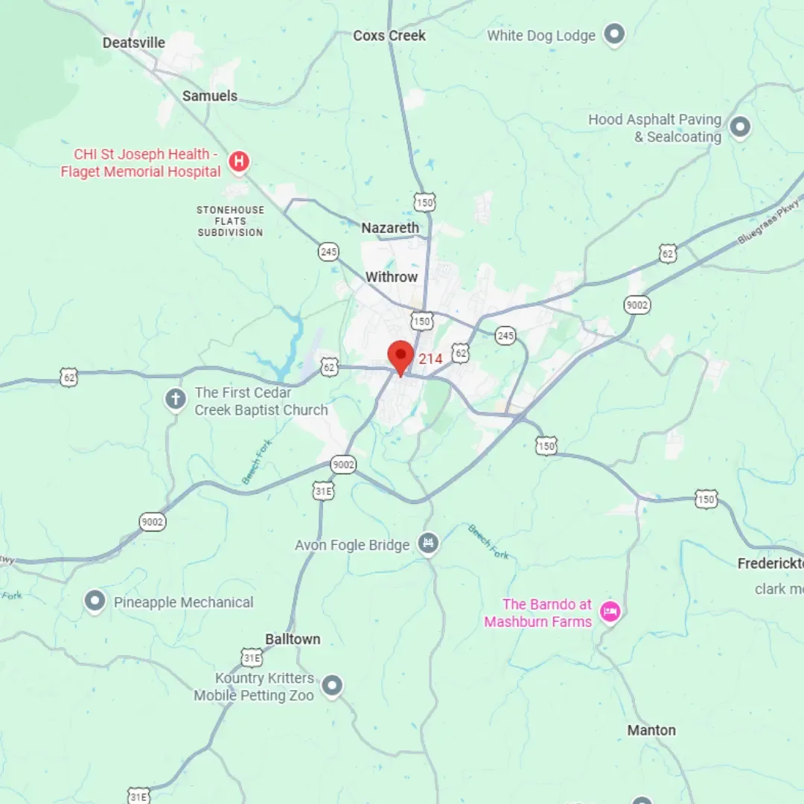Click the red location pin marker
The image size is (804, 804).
click(401, 356)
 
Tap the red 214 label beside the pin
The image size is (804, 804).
click(430, 359)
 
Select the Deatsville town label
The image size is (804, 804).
click(134, 42)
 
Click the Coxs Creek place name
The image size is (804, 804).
click(389, 36)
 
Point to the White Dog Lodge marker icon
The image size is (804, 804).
click(614, 34)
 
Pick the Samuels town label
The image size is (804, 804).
click(210, 96)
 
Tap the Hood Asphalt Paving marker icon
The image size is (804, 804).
click(739, 127)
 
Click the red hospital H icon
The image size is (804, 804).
click(238, 162)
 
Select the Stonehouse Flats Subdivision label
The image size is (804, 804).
click(230, 221)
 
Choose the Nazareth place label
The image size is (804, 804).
click(390, 228)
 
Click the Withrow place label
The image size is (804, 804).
click(392, 277)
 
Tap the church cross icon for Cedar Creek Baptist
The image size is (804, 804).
click(176, 400)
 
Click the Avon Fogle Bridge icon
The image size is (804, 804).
click(428, 544)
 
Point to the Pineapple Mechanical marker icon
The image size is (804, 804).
click(95, 601)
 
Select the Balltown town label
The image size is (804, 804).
click(293, 639)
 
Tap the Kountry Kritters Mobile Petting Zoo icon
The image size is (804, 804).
click(332, 685)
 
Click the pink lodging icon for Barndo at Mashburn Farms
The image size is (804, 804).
click(610, 612)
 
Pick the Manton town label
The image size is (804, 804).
click(651, 730)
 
